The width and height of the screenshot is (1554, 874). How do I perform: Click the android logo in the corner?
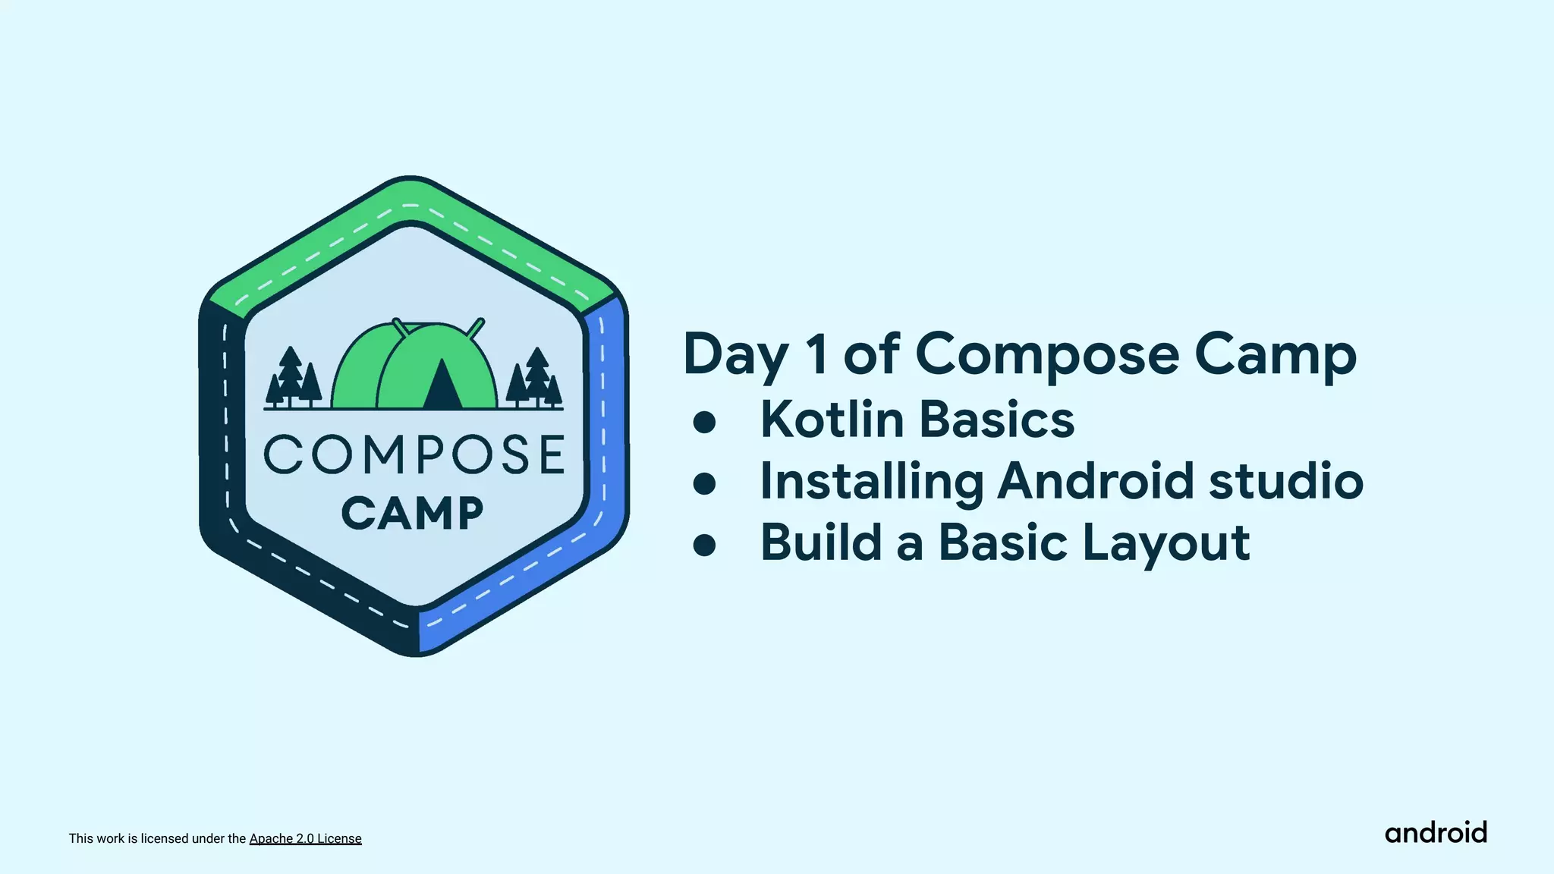coord(1435,833)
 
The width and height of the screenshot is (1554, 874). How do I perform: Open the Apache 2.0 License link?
coord(305,838)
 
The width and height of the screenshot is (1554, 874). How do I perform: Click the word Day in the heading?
coord(735,355)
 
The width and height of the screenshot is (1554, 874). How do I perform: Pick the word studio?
coord(1285,481)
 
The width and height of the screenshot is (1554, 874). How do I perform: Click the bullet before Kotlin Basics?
coord(704,422)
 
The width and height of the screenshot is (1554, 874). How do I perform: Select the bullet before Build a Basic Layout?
coord(704,545)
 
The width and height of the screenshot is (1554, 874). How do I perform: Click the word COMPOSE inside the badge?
coord(414,454)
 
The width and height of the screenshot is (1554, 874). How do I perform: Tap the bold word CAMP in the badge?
coord(413,513)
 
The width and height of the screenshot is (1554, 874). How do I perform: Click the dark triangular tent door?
coord(442,385)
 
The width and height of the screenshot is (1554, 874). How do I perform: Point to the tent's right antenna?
coord(475,328)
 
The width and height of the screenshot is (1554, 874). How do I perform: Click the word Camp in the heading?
coord(1275,355)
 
